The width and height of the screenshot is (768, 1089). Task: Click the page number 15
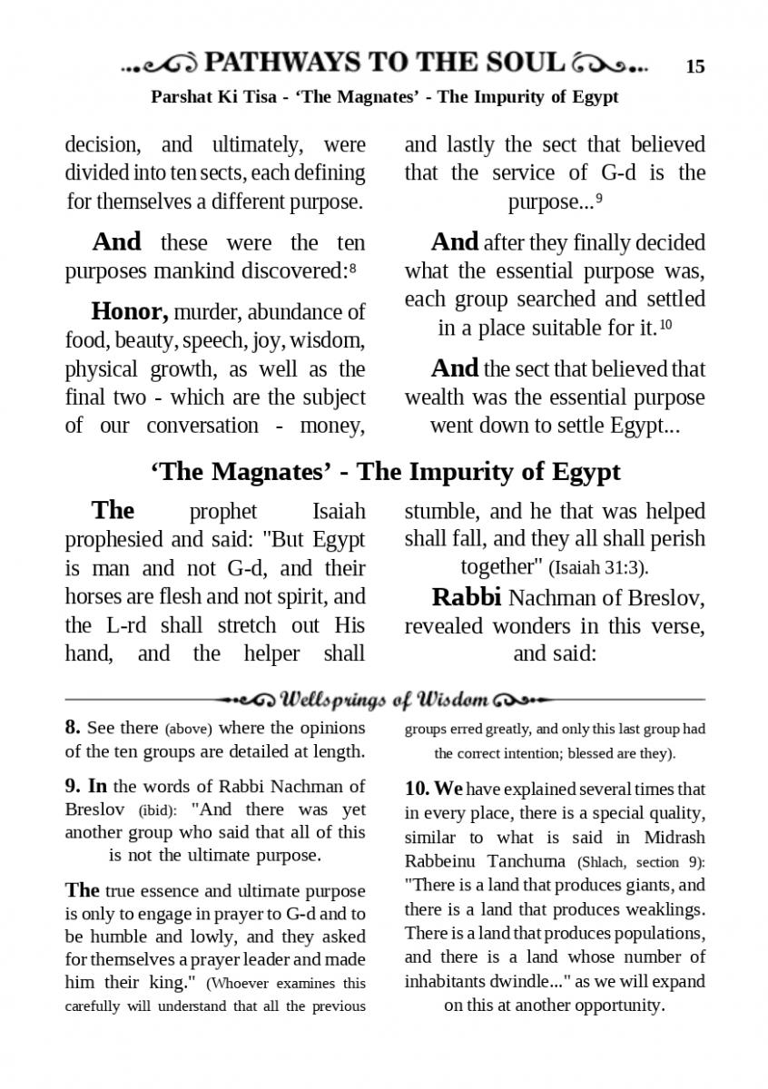pyautogui.click(x=694, y=66)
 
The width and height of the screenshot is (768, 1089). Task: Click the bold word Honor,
pyautogui.click(x=130, y=312)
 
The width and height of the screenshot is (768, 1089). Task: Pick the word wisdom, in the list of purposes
pyautogui.click(x=330, y=341)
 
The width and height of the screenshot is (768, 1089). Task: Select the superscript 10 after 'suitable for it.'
pyautogui.click(x=665, y=325)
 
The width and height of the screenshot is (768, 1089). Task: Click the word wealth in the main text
pyautogui.click(x=434, y=397)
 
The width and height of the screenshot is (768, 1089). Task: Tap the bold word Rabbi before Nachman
pyautogui.click(x=467, y=597)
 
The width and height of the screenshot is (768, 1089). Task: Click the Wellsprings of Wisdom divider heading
pyautogui.click(x=385, y=700)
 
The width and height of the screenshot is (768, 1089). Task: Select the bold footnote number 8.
pyautogui.click(x=73, y=728)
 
